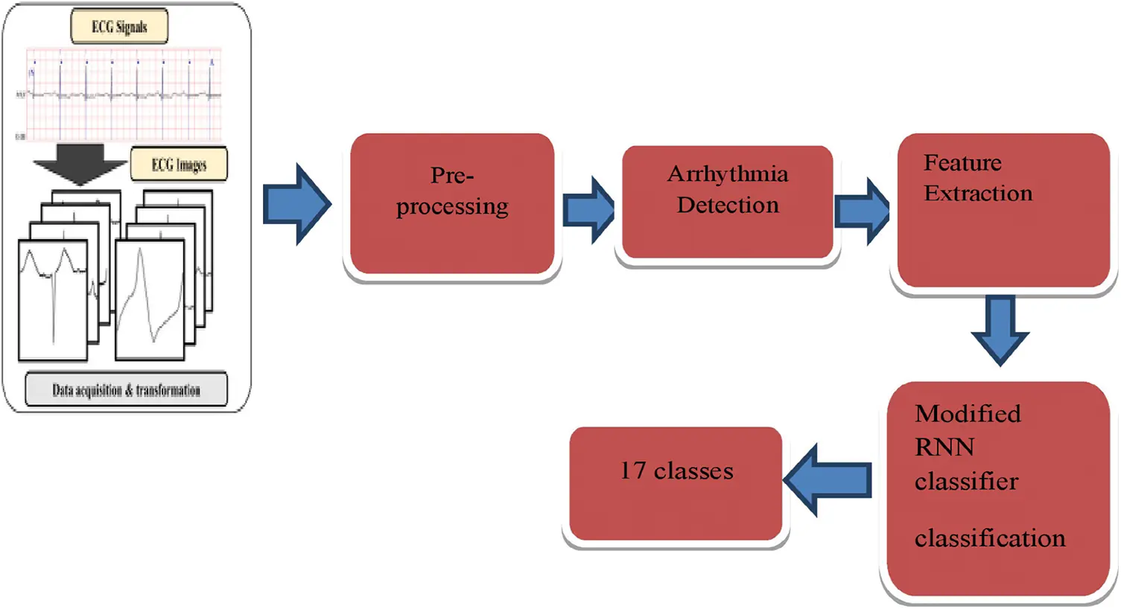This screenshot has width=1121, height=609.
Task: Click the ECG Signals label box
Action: pyautogui.click(x=119, y=28)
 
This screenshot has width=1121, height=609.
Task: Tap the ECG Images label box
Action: pyautogui.click(x=179, y=165)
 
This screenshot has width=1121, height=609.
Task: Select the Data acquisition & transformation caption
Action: pyautogui.click(x=126, y=390)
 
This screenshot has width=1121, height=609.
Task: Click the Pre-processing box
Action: pyautogui.click(x=452, y=203)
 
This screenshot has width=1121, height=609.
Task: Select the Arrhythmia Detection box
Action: pyautogui.click(x=728, y=202)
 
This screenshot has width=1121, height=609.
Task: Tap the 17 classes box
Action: pyautogui.click(x=676, y=483)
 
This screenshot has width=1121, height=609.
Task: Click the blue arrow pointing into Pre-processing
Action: pyautogui.click(x=296, y=204)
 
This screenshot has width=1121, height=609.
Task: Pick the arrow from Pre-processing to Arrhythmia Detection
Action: pyautogui.click(x=588, y=210)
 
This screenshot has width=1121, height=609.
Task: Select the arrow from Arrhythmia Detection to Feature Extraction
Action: pyautogui.click(x=863, y=211)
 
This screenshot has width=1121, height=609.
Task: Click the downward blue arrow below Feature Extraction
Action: pyautogui.click(x=1000, y=329)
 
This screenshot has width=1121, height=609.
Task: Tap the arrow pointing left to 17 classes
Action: pyautogui.click(x=828, y=480)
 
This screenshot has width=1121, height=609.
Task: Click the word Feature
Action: pyautogui.click(x=962, y=162)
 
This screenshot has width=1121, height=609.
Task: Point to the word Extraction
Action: pyautogui.click(x=978, y=194)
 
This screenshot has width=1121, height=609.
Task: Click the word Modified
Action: pyautogui.click(x=968, y=414)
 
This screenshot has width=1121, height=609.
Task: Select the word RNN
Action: pyautogui.click(x=944, y=447)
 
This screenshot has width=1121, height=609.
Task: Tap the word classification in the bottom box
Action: pyautogui.click(x=990, y=538)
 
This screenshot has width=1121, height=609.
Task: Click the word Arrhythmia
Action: pyautogui.click(x=728, y=174)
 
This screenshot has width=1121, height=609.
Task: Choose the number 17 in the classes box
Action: pyautogui.click(x=633, y=471)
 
